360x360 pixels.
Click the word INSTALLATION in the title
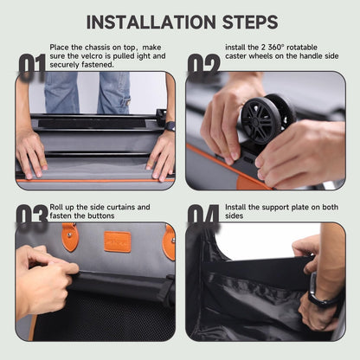point(151,22)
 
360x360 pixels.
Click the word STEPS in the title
point(250,22)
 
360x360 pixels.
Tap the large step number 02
point(203,66)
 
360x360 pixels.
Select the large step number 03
point(32,216)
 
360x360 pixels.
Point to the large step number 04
point(203,215)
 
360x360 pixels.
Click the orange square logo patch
point(118,241)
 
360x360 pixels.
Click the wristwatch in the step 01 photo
point(170,126)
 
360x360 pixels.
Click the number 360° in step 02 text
point(276,48)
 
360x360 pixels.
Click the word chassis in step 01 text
point(97,48)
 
